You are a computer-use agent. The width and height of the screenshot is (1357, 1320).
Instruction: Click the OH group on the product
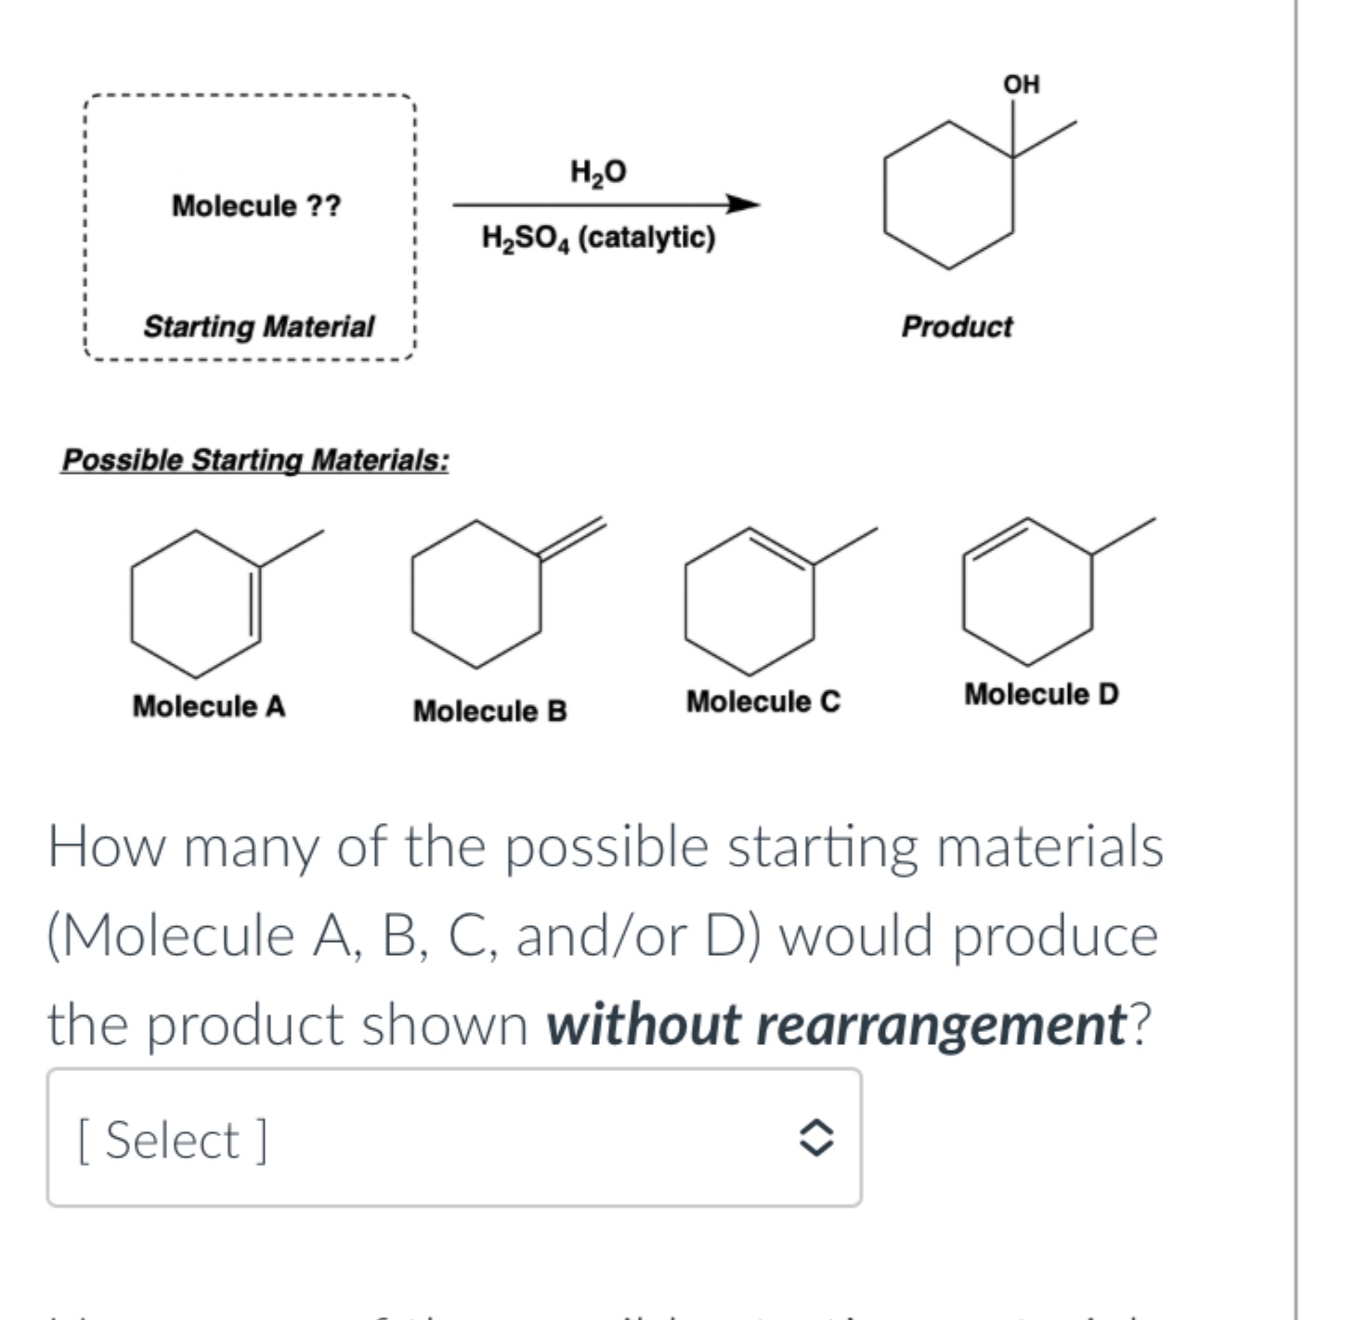point(1021,85)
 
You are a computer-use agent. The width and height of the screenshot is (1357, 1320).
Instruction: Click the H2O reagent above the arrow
point(598,172)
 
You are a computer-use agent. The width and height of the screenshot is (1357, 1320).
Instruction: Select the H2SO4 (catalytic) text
point(598,238)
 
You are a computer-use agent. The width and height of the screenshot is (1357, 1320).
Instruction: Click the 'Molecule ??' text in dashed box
point(256,205)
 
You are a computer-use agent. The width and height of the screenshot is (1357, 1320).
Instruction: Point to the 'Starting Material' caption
point(258,327)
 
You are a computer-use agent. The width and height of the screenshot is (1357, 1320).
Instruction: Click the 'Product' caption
point(957,327)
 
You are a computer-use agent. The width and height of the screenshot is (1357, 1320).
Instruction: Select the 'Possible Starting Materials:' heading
point(255,460)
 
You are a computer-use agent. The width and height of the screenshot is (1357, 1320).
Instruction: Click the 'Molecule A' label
point(209,707)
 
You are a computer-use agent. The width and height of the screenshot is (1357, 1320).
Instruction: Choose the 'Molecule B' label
point(489,712)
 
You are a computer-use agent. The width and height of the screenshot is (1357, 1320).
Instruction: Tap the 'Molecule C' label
point(763,702)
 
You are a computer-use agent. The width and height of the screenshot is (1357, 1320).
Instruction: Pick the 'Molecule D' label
point(1041,694)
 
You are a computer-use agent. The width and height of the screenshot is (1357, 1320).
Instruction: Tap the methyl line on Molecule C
point(845,545)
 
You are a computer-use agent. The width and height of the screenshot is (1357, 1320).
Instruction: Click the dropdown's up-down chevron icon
point(816,1138)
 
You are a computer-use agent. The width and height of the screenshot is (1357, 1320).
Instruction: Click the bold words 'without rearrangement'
point(836,1025)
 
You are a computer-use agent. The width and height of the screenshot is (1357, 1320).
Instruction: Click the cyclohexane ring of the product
point(948,195)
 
